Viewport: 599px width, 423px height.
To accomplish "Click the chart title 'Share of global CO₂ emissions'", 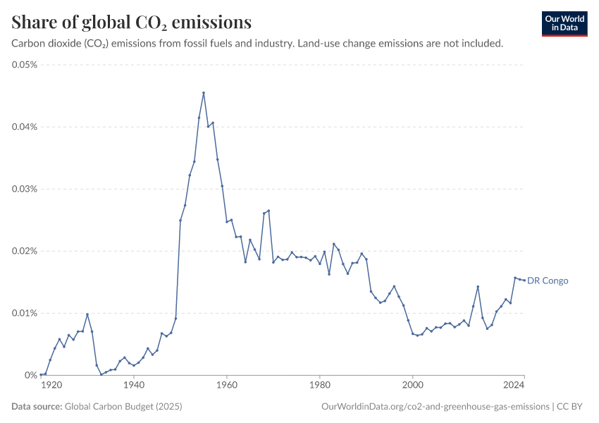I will point(132,23).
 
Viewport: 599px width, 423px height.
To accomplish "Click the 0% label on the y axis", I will point(30,375).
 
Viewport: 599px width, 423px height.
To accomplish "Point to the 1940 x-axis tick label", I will point(134,386).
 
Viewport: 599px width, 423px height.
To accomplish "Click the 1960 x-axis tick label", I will point(227,386).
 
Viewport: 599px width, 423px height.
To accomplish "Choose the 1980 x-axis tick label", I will point(320,386).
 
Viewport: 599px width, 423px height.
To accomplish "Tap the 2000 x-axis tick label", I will point(413,386).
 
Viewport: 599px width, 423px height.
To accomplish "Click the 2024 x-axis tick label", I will point(514,386).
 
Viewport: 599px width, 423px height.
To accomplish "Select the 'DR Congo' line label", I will point(548,281).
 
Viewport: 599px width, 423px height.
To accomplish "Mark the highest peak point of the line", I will point(204,92).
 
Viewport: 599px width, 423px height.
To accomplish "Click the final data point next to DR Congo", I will point(524,280).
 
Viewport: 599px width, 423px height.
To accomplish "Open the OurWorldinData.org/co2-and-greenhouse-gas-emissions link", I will point(434,407).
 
